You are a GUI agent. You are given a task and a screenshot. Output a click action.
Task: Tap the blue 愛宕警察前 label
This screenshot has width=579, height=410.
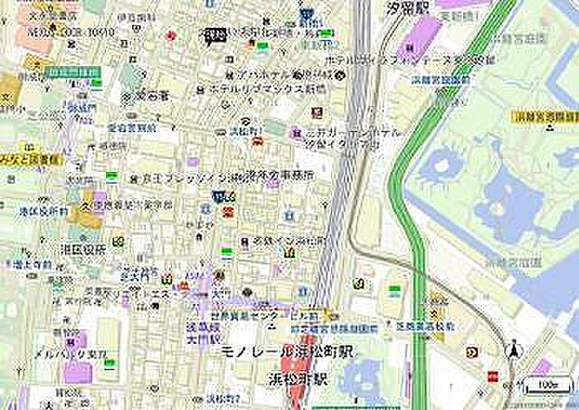(x=131, y=129)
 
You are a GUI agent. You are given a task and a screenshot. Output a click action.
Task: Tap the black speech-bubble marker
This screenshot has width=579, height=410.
(x=214, y=36)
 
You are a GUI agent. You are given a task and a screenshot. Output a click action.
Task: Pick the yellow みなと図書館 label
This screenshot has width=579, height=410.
(x=28, y=158)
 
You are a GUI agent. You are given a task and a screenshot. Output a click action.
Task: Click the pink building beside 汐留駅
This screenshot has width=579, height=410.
(x=414, y=39)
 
